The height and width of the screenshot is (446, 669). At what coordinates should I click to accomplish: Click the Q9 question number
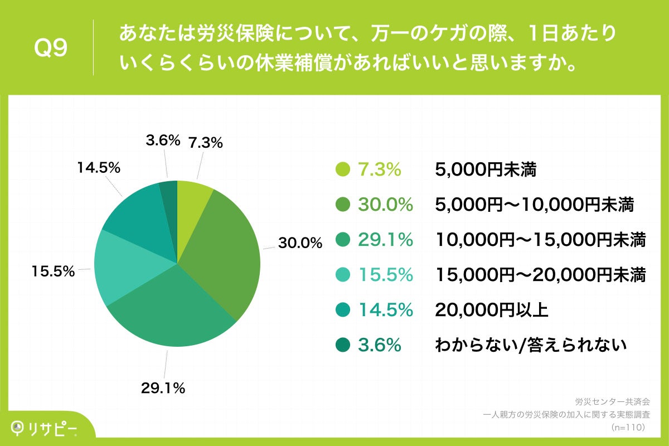51,49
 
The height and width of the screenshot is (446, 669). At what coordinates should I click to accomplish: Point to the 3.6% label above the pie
162,140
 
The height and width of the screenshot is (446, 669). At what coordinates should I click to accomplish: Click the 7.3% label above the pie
206,143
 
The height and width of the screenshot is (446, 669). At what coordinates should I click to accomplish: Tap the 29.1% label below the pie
162,389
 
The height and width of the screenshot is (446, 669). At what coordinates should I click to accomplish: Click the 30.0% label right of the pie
300,243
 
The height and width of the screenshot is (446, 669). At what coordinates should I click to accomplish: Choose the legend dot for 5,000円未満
343,170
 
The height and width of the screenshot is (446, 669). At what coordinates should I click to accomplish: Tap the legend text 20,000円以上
491,311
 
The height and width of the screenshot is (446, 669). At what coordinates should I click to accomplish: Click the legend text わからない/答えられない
531,346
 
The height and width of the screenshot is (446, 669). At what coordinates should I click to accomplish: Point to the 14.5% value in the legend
385,311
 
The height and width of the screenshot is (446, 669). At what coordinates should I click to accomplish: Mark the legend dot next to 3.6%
343,346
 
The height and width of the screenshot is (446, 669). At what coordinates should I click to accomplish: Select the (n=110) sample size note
628,428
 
